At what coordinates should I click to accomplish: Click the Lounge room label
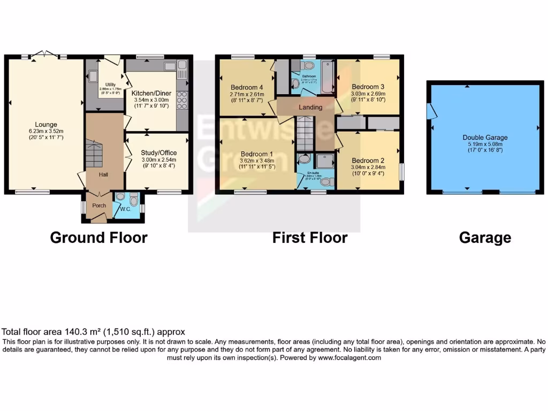[46, 125]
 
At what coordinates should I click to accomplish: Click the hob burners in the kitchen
[181, 100]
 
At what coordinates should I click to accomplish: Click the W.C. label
[125, 209]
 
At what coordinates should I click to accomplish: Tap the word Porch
[99, 205]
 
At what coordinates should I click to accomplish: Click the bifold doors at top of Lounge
[45, 54]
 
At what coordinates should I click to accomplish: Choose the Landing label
[310, 107]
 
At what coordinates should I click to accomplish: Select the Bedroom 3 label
[368, 86]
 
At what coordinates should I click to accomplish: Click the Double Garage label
[485, 138]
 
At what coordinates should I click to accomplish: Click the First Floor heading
[310, 238]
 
